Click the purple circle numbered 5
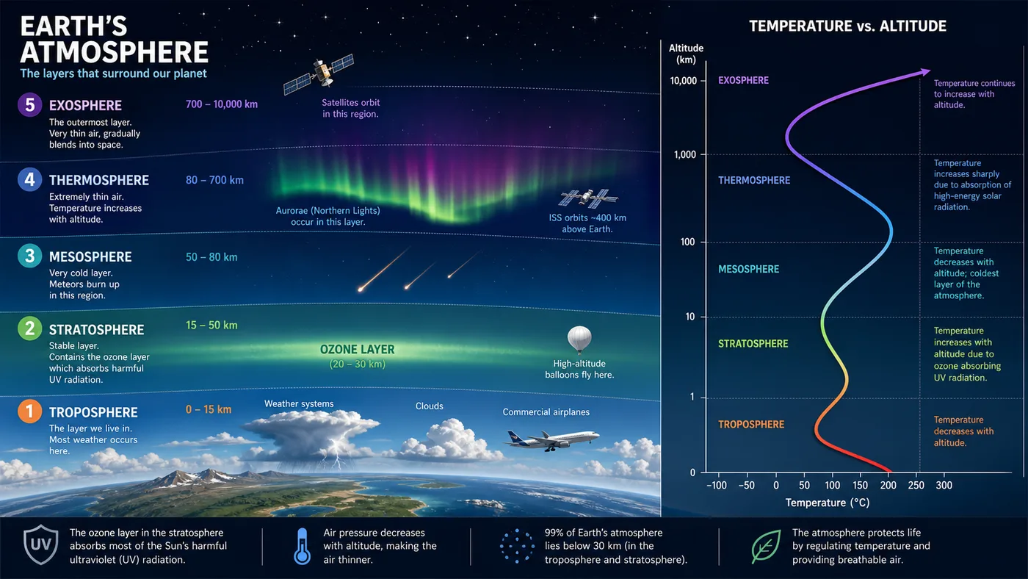(x=30, y=104)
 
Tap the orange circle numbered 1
(x=30, y=411)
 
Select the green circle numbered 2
(x=30, y=328)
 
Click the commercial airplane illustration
(x=551, y=440)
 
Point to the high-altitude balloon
(x=579, y=339)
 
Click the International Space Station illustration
(x=588, y=198)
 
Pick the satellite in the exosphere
(x=319, y=73)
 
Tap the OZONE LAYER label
(x=357, y=350)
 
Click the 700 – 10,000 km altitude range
(x=222, y=104)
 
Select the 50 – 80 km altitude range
(x=211, y=257)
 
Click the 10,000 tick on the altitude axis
(x=684, y=81)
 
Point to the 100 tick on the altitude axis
(x=687, y=242)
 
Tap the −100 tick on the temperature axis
(x=717, y=486)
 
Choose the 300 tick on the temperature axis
(x=944, y=486)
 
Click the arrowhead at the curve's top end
(x=924, y=72)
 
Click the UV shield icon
(x=41, y=544)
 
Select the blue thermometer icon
(x=302, y=546)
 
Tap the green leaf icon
(x=766, y=547)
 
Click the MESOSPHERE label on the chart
(x=748, y=269)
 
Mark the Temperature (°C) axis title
(x=828, y=503)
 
